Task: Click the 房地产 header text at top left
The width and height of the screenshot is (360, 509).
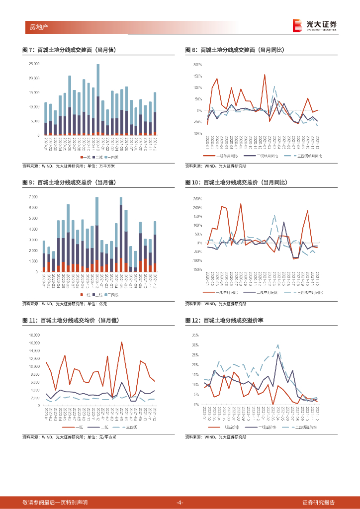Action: tap(33, 26)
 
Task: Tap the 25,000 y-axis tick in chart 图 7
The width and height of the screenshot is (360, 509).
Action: tap(34, 64)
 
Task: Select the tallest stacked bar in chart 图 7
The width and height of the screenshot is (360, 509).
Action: tap(98, 99)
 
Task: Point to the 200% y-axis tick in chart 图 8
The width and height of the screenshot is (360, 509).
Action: tap(197, 65)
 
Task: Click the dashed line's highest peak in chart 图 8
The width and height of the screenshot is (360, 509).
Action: tap(274, 87)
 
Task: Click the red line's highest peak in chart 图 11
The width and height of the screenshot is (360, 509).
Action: tap(121, 342)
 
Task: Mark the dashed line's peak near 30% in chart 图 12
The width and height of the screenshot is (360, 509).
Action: tap(278, 344)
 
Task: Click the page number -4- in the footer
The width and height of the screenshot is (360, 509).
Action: tap(180, 502)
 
